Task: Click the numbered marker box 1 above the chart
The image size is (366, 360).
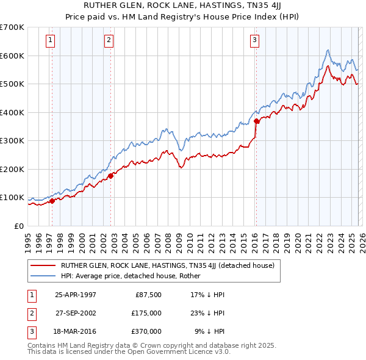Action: (50, 41)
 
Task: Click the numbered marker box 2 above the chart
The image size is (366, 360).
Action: (109, 41)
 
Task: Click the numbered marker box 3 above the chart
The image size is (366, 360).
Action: (254, 41)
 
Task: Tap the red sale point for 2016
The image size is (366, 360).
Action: (256, 121)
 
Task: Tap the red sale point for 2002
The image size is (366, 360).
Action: (111, 176)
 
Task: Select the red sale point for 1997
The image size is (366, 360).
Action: (52, 201)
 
